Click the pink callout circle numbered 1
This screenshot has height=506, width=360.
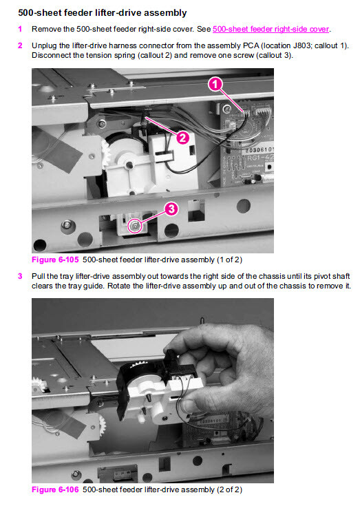click(215, 84)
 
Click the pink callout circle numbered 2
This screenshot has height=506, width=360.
click(182, 138)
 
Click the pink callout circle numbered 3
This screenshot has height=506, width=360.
click(171, 209)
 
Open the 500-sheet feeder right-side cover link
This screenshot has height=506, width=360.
click(271, 29)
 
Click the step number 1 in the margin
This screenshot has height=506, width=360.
click(20, 29)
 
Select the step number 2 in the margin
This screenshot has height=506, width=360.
click(20, 45)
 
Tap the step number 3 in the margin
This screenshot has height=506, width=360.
click(20, 276)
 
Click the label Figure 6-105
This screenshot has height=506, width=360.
click(55, 260)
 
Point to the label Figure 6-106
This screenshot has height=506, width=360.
click(55, 489)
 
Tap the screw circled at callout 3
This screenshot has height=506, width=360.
click(134, 226)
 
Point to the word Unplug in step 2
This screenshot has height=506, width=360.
click(44, 46)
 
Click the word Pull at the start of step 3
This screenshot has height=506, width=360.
click(39, 276)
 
